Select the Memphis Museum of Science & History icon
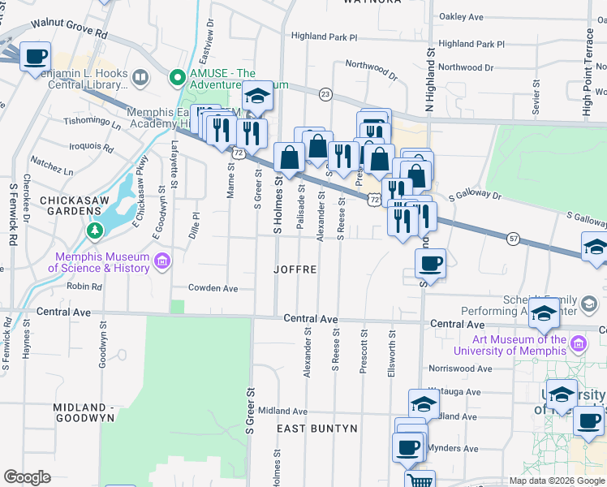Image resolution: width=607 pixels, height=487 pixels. pyautogui.click(x=162, y=261)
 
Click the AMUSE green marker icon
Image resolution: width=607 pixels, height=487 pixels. pyautogui.click(x=176, y=78)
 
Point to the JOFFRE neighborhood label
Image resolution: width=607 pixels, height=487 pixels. pyautogui.click(x=295, y=269)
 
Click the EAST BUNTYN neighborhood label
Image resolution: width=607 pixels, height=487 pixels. pyautogui.click(x=316, y=428)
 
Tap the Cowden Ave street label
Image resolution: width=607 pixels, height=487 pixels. pyautogui.click(x=213, y=288)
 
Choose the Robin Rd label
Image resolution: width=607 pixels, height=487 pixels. pyautogui.click(x=84, y=287)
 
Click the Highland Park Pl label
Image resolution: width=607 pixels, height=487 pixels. pyautogui.click(x=324, y=37)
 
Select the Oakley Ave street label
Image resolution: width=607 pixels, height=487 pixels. pyautogui.click(x=460, y=16)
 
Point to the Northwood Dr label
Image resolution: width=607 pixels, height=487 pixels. pyautogui.click(x=370, y=70)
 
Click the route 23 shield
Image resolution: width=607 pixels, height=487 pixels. pyautogui.click(x=325, y=94)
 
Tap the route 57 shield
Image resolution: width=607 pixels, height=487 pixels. pyautogui.click(x=513, y=238)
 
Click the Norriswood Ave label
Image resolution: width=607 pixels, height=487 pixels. pyautogui.click(x=461, y=368)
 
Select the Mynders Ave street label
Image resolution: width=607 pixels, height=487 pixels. pyautogui.click(x=453, y=448)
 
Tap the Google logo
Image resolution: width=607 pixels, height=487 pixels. pyautogui.click(x=27, y=477)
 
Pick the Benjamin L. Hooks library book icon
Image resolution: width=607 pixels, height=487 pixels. pyautogui.click(x=141, y=78)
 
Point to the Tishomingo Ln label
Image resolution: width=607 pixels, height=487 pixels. pyautogui.click(x=92, y=122)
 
